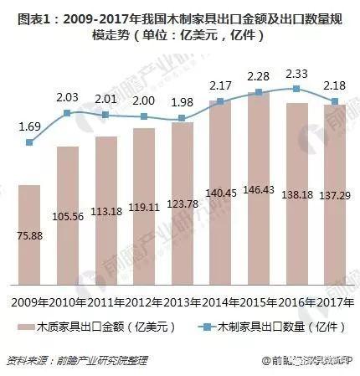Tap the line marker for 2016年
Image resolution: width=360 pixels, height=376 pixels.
296,89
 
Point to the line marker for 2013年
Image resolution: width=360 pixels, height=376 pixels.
182,119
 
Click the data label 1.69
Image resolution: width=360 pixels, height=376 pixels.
29,127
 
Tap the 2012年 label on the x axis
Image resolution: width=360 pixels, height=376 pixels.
144,300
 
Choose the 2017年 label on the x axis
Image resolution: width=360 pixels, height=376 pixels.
333,300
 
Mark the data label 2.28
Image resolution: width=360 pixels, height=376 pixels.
259,78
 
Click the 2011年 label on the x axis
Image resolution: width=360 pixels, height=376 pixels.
105,300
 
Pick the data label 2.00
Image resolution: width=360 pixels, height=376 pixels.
144,100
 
